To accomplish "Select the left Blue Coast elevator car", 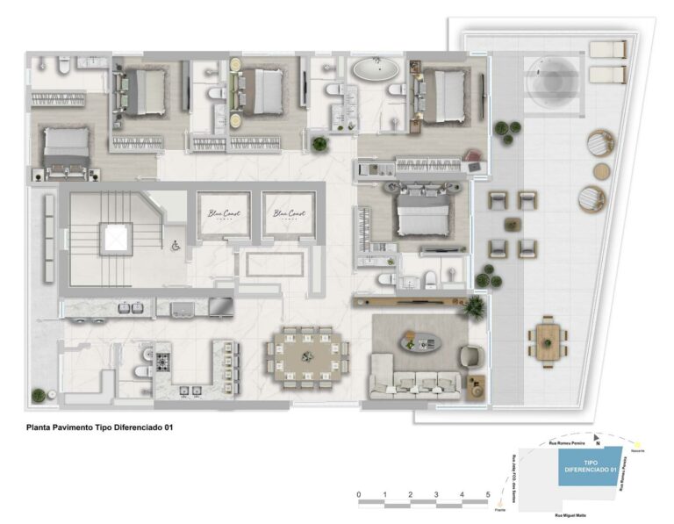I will click(x=220, y=214).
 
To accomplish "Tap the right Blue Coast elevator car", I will click(x=288, y=214).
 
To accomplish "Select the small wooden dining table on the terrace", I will click(x=547, y=337).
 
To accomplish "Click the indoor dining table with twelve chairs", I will click(x=308, y=355).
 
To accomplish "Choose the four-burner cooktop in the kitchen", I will click(x=161, y=360).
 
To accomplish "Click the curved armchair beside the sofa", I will click(x=470, y=355).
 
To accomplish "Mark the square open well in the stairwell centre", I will click(x=114, y=237).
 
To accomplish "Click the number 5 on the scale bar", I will click(x=487, y=496).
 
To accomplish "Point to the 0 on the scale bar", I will click(x=359, y=496).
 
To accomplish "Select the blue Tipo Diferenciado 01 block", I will click(x=589, y=465).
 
